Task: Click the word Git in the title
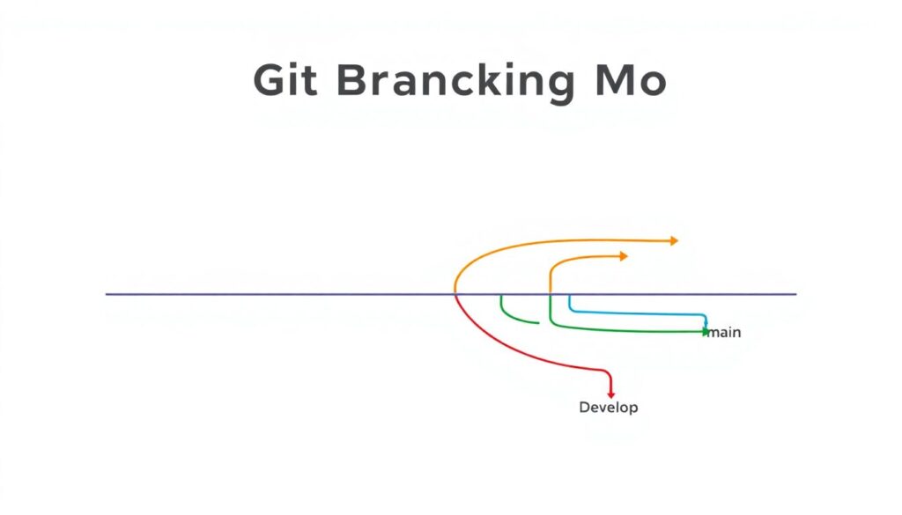(x=285, y=80)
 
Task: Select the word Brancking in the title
(x=455, y=82)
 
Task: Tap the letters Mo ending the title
(x=631, y=80)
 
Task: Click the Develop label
(x=608, y=408)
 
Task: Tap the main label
(x=724, y=332)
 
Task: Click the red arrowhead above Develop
(x=611, y=394)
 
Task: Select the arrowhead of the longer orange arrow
(x=674, y=240)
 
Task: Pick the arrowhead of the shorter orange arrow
(x=624, y=256)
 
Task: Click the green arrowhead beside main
(x=706, y=332)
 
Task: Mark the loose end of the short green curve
(x=538, y=323)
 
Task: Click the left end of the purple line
(x=106, y=294)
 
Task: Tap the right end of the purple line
(x=796, y=294)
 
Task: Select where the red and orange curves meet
(x=455, y=294)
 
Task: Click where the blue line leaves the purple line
(x=570, y=295)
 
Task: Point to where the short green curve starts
(x=501, y=295)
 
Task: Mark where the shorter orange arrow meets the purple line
(x=550, y=294)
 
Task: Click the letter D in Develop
(x=585, y=407)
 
